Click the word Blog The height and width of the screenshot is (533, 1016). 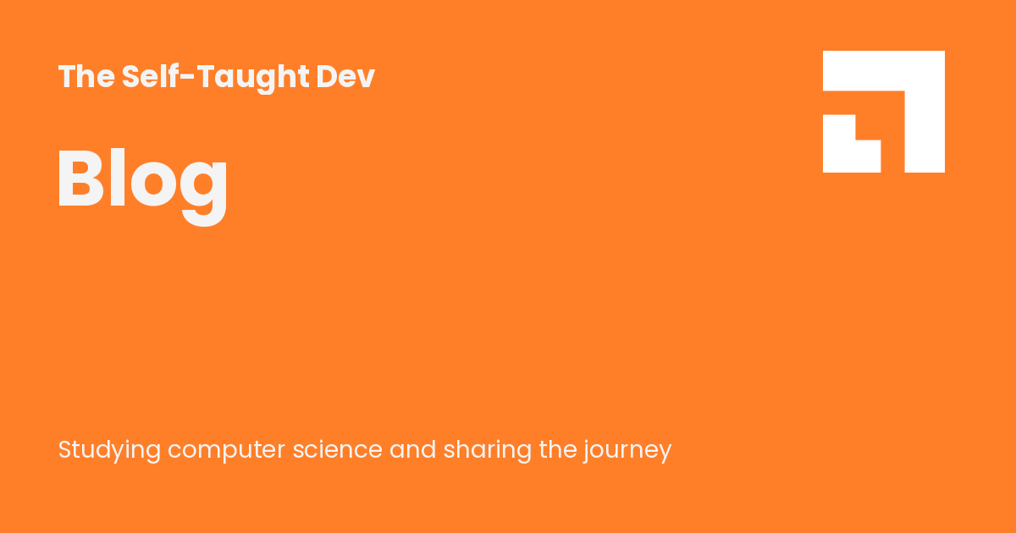[142, 180]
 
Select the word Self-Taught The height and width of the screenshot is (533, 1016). [215, 77]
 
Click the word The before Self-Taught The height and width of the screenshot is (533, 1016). [86, 77]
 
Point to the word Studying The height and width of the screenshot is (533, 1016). [109, 450]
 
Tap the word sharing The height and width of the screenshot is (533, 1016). [487, 450]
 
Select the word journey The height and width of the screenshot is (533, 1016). [627, 451]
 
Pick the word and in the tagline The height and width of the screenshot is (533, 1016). [412, 449]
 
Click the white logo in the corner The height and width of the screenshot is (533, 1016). [883, 112]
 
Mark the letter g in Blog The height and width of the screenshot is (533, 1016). [203, 188]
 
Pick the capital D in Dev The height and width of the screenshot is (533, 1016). [328, 77]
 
